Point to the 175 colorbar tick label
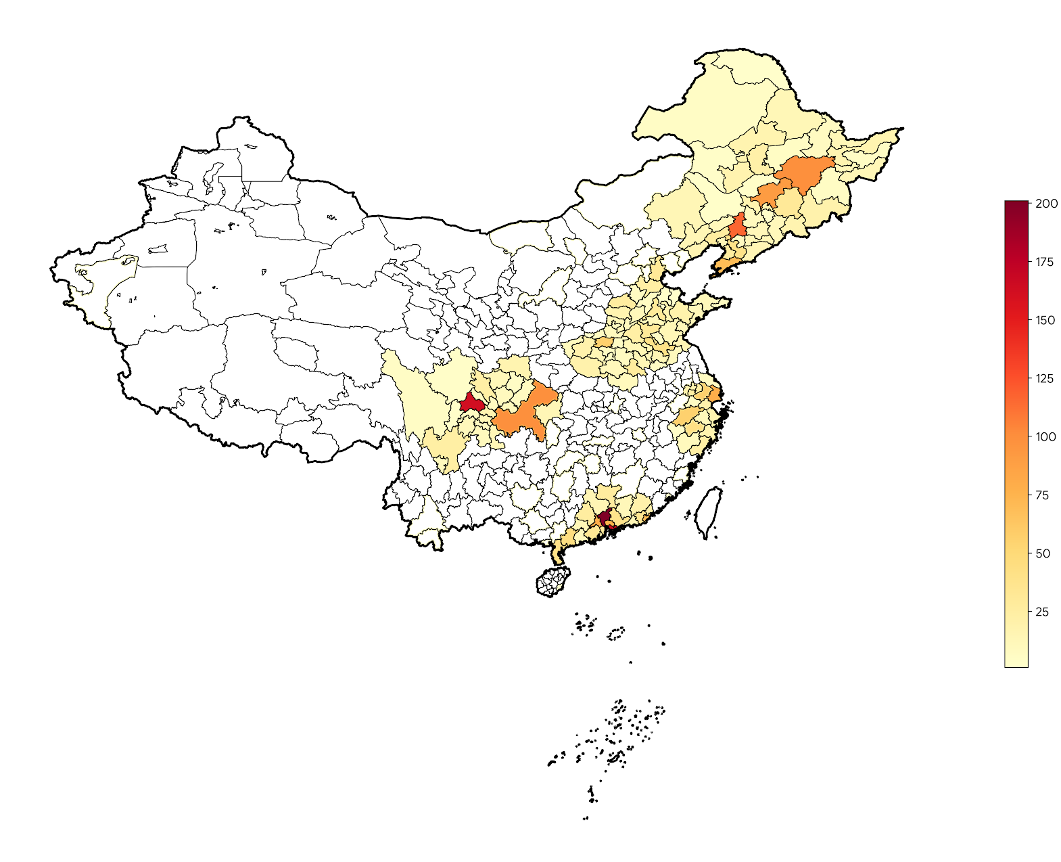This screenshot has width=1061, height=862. tap(1045, 262)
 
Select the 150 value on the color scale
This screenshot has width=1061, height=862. tap(1045, 320)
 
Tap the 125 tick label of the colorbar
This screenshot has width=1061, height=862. tap(1045, 378)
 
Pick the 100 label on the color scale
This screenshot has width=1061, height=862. tap(1045, 436)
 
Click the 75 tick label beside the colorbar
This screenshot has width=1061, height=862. tap(1043, 495)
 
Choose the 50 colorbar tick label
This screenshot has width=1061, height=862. tap(1043, 553)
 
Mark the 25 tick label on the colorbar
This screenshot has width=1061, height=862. tap(1043, 612)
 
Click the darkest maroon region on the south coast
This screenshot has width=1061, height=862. tap(605, 518)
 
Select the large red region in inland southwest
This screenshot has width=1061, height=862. tap(471, 404)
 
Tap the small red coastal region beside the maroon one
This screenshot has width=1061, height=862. tap(611, 527)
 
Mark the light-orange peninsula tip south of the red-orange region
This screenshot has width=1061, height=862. tap(724, 265)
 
